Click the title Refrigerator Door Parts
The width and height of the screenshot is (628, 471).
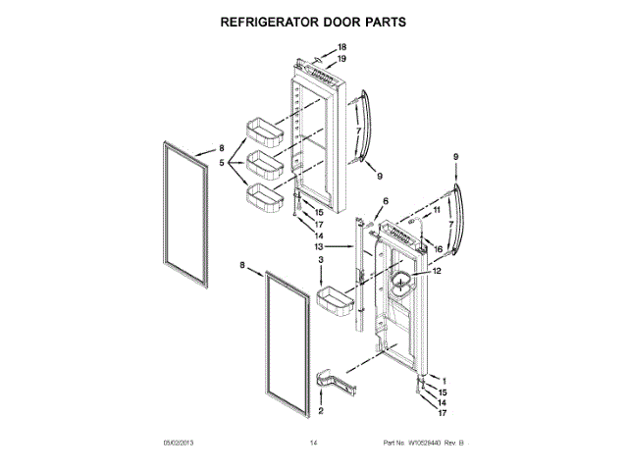tap(314, 20)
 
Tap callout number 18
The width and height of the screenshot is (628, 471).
tap(342, 47)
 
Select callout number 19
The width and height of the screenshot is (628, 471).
tap(342, 59)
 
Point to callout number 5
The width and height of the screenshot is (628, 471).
tap(222, 163)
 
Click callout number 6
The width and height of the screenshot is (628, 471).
tap(372, 201)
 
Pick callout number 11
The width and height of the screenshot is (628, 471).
tap(437, 209)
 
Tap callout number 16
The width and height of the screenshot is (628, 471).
tap(438, 249)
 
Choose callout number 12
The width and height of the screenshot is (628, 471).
tap(438, 272)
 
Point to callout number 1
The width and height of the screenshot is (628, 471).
tap(444, 381)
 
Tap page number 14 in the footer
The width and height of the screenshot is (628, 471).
tap(313, 444)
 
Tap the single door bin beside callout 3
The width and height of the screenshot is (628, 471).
tap(335, 303)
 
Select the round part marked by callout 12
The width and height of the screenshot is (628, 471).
tap(401, 288)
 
